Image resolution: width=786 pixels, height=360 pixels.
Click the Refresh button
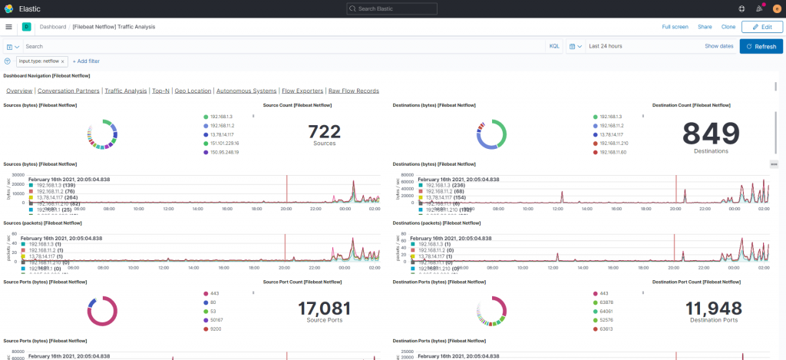[755, 46]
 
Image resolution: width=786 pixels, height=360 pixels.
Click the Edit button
[761, 26]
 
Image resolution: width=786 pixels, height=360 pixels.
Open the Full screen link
[675, 27]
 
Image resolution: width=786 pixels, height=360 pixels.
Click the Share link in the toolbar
[704, 27]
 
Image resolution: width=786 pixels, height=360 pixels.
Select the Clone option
[728, 27]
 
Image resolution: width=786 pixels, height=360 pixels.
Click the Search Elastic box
[392, 8]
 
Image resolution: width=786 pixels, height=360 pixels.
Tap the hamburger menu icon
[8, 26]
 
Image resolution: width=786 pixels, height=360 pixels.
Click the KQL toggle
[553, 46]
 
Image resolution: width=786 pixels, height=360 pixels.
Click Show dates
[718, 46]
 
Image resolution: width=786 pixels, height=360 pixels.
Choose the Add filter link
[86, 61]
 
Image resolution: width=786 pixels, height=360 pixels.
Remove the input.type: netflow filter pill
[63, 61]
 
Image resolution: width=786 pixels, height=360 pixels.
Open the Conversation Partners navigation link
[68, 91]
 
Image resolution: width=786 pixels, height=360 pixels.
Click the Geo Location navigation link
[193, 91]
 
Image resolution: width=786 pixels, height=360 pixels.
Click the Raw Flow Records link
[353, 91]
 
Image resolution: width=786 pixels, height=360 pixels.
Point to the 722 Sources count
[324, 132]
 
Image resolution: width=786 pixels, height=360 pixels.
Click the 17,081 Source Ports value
[324, 309]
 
